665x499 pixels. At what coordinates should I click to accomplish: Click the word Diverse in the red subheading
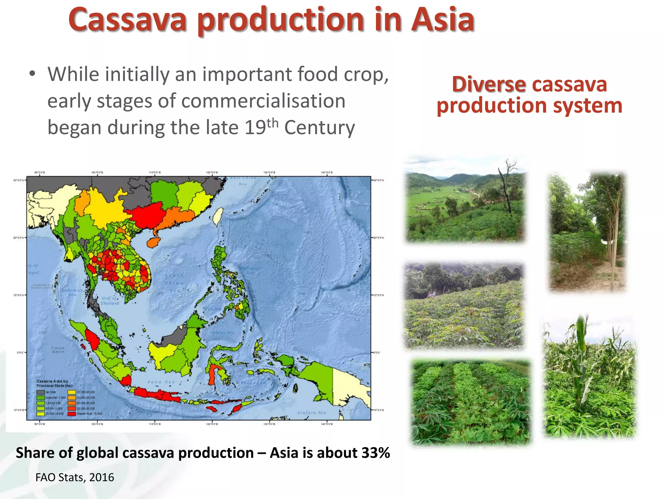(488, 84)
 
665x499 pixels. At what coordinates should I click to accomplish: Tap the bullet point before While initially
(32, 74)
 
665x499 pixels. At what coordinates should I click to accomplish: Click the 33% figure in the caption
(375, 453)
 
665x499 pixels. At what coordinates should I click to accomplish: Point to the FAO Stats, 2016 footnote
(75, 477)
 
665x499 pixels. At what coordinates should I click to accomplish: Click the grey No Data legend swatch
(41, 392)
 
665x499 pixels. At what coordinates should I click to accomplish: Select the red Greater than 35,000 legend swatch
(71, 414)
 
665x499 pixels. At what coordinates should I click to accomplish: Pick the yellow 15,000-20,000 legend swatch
(71, 392)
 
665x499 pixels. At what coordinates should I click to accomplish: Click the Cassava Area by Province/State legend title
(54, 383)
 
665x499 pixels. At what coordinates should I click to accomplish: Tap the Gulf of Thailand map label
(110, 301)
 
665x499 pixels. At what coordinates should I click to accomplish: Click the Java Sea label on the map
(161, 382)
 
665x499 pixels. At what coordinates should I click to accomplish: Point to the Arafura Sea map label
(311, 413)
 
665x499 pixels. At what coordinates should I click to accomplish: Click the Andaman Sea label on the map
(72, 292)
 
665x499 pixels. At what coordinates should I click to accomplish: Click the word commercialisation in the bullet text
(263, 101)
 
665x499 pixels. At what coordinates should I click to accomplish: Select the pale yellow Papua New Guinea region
(349, 387)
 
